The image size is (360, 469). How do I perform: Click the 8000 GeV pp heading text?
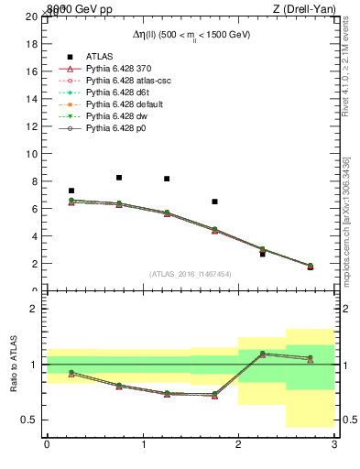click(x=71, y=8)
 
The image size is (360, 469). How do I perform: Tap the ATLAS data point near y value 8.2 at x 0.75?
click(x=119, y=178)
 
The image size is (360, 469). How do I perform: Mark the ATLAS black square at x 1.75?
click(x=214, y=202)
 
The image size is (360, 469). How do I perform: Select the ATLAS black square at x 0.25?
click(x=71, y=191)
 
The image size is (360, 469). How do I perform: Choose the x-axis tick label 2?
click(x=238, y=445)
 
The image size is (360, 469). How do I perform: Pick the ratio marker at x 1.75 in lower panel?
click(x=214, y=395)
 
